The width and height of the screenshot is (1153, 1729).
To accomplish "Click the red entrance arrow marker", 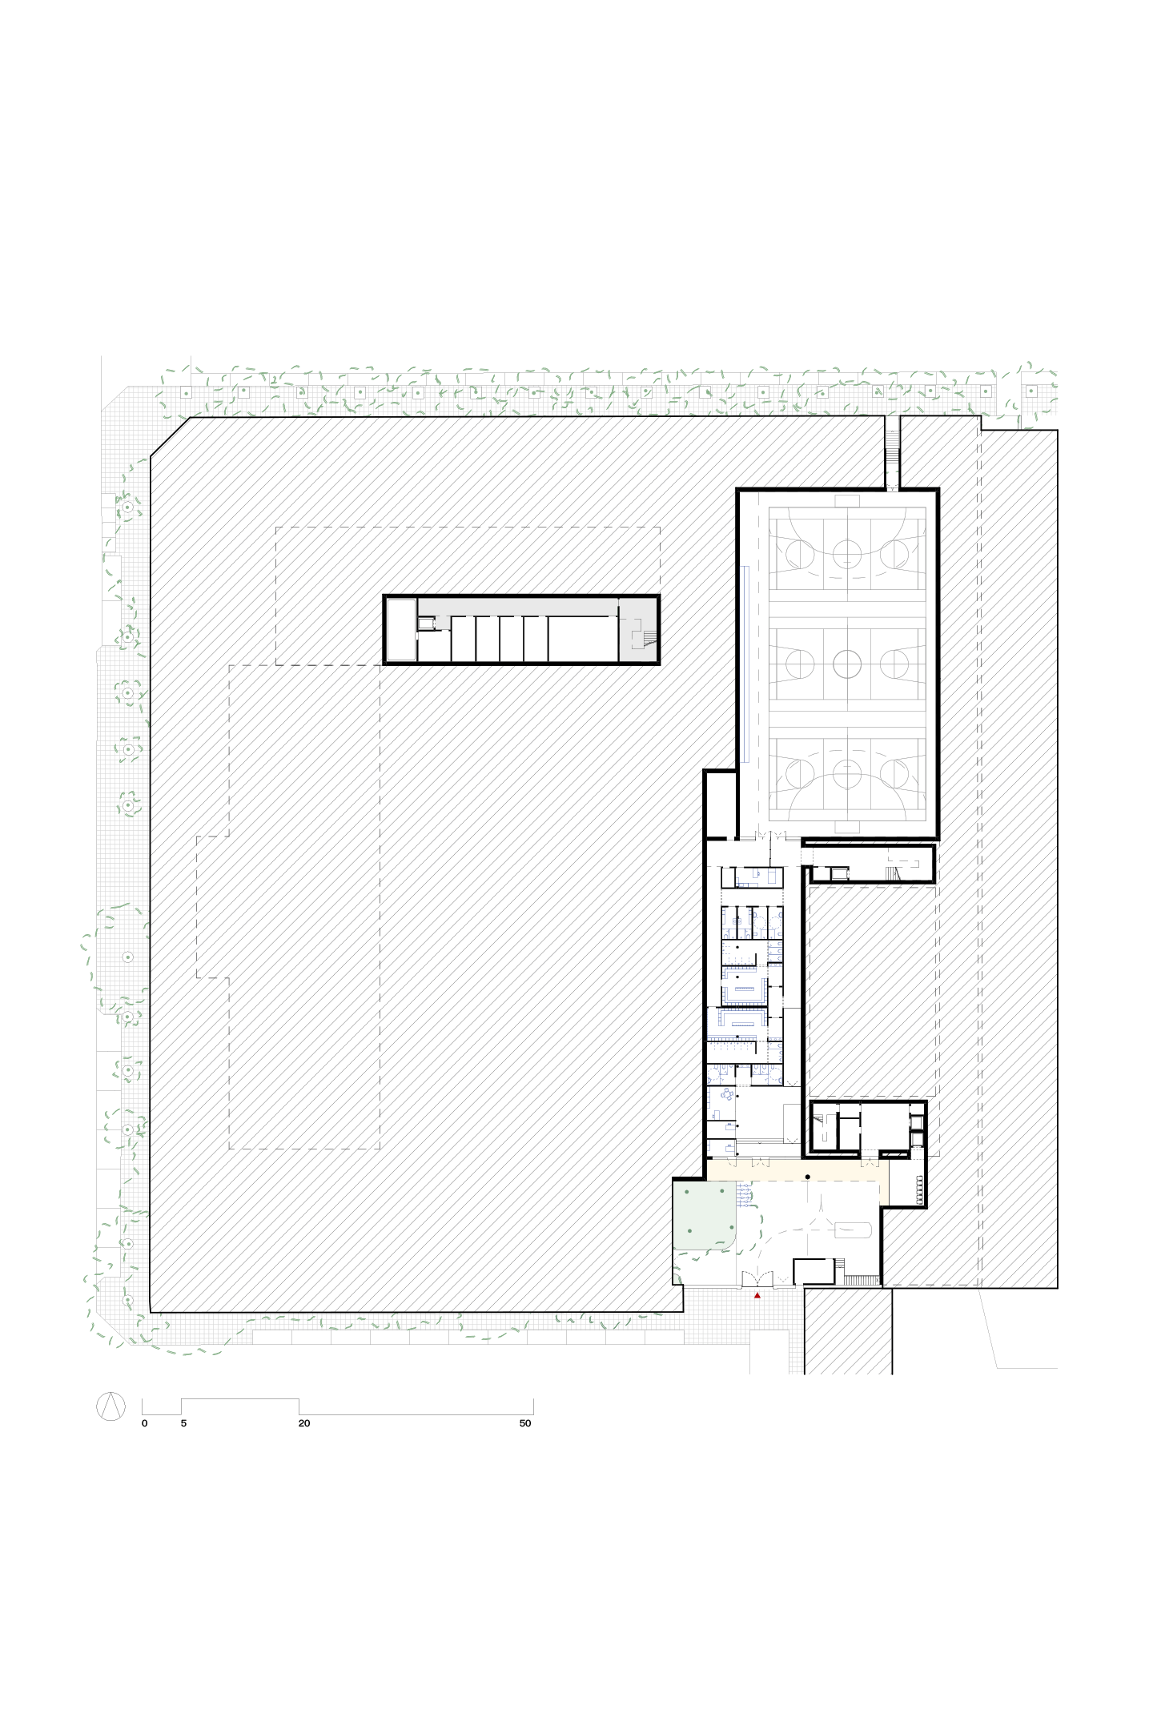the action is tap(757, 1294).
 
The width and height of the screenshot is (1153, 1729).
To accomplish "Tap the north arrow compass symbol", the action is tap(110, 1406).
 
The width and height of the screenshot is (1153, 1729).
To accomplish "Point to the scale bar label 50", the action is tap(525, 1423).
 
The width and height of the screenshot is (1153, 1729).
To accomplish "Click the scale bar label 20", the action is tap(303, 1423).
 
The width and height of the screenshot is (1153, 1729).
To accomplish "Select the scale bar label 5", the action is tap(183, 1423).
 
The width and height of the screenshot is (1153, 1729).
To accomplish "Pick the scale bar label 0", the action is tap(144, 1423).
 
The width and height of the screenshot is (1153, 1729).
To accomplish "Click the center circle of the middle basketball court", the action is tap(846, 662).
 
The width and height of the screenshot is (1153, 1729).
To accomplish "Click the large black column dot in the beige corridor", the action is tap(808, 1176).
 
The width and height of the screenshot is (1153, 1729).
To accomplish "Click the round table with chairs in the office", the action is tap(727, 1093).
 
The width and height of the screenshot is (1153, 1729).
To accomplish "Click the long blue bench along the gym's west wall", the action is tap(745, 664).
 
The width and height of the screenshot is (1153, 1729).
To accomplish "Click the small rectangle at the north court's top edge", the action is tap(846, 500).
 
